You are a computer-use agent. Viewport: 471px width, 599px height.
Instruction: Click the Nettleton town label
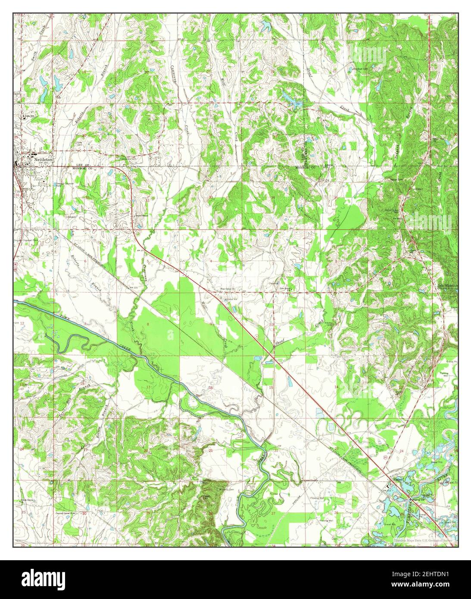click(x=42, y=158)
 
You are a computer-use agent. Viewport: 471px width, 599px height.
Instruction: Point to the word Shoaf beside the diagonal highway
click(x=280, y=340)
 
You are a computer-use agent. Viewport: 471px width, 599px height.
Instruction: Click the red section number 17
click(x=148, y=387)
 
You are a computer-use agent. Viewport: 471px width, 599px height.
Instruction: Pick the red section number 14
click(x=336, y=387)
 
